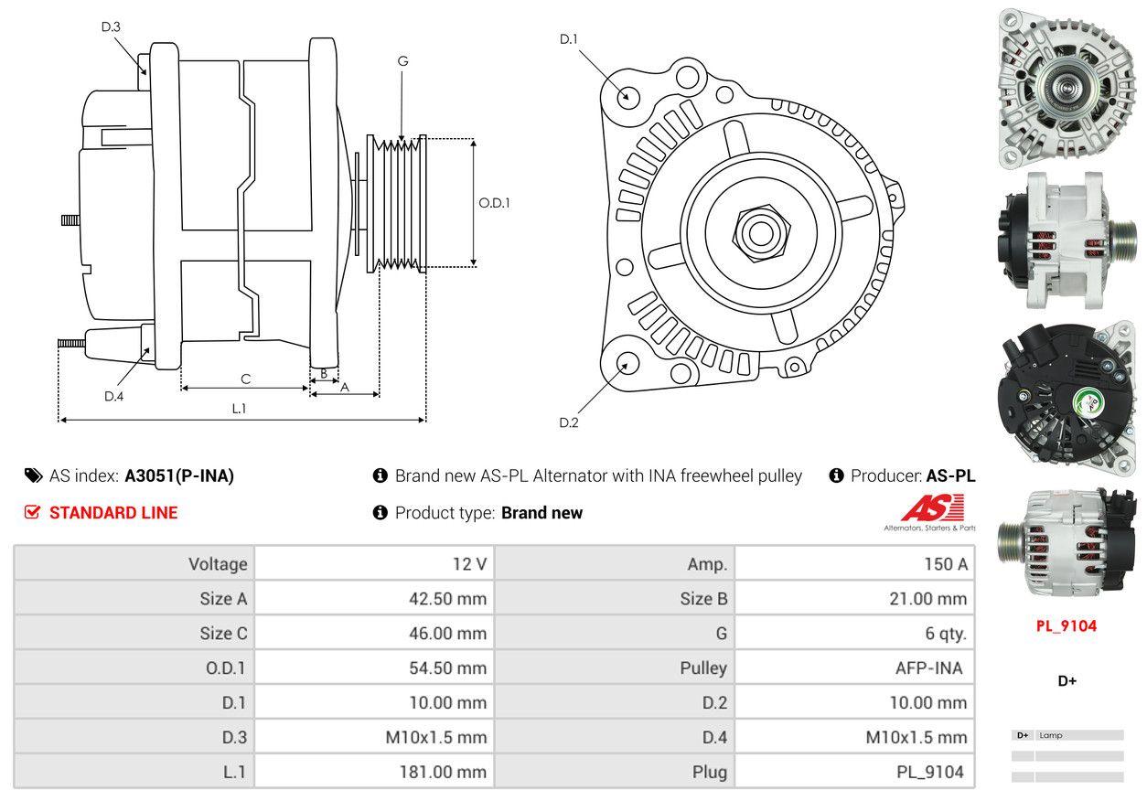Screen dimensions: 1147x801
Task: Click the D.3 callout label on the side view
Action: (111, 27)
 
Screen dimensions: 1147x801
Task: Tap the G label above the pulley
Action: (403, 61)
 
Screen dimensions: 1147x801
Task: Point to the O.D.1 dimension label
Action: (494, 203)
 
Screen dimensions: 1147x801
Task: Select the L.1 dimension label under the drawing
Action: (239, 408)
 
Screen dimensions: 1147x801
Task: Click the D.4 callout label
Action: (113, 396)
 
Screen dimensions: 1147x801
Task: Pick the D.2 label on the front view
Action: (568, 422)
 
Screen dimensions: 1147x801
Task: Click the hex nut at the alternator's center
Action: (761, 233)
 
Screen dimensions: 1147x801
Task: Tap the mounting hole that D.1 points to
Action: (627, 96)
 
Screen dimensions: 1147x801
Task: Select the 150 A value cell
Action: (854, 563)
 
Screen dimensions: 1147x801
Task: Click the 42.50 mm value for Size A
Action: (447, 598)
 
